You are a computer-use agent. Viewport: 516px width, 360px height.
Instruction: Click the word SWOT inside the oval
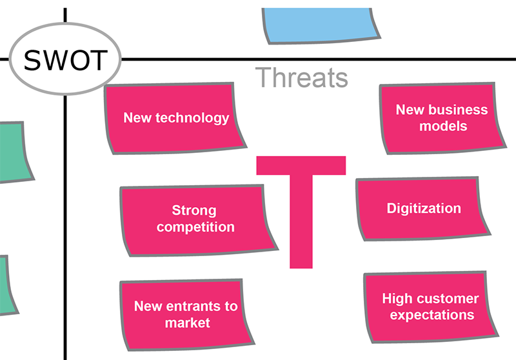click(x=66, y=60)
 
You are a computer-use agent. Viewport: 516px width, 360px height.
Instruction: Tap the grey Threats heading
click(x=301, y=77)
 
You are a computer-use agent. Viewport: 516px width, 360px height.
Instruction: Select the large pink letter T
click(x=301, y=212)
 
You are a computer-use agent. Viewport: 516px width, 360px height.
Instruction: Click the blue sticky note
click(x=321, y=25)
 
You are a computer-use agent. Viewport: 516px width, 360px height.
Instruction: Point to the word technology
click(x=192, y=118)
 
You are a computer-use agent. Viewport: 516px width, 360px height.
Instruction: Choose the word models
click(x=443, y=126)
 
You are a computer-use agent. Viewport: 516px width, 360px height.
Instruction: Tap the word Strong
click(x=194, y=210)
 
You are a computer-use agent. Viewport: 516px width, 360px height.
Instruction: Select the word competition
click(x=195, y=227)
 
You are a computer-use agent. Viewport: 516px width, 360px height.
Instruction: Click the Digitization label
click(x=424, y=208)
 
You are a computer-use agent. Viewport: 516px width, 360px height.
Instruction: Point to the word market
click(x=188, y=323)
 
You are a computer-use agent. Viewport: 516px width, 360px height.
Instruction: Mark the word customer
click(x=446, y=299)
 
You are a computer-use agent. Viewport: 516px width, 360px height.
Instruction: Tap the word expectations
click(x=432, y=315)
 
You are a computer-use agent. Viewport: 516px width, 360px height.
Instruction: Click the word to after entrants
click(x=232, y=306)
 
